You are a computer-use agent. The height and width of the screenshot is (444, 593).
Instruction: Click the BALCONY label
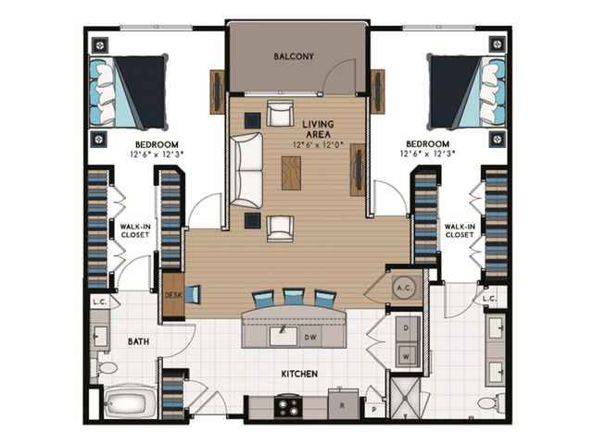point(294,56)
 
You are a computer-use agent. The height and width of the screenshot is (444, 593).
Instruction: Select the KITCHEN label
point(298,374)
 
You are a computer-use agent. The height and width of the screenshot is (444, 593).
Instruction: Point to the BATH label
point(138,341)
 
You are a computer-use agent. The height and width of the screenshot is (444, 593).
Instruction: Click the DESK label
point(172,295)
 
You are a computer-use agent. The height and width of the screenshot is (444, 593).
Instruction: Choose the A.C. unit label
point(403,288)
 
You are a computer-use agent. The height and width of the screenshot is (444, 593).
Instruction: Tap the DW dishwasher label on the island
point(311,338)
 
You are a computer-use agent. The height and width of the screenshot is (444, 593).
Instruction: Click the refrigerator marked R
point(343,405)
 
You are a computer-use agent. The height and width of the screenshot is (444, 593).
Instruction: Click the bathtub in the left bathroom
point(131,404)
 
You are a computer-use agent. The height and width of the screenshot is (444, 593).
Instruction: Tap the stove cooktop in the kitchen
point(288,405)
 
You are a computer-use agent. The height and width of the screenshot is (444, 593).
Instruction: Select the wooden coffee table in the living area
point(291,173)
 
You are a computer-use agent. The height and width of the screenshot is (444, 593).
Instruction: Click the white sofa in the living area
point(247,170)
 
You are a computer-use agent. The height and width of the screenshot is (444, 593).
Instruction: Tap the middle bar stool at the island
point(294,297)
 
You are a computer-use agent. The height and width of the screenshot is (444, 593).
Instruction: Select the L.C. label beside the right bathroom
point(490,298)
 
